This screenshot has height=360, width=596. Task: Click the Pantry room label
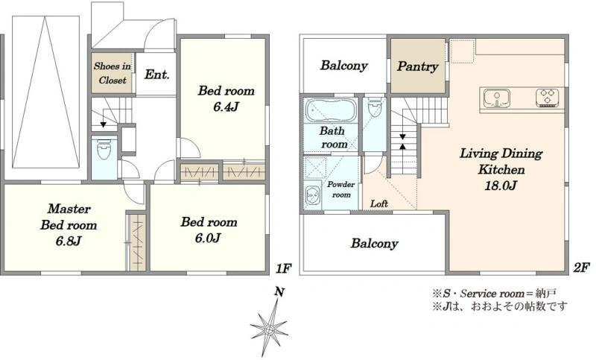[x=417, y=66]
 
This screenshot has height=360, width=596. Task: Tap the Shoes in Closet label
[x=112, y=73]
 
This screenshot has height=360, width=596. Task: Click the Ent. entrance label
[x=156, y=74]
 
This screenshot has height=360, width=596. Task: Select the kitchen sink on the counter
[x=497, y=98]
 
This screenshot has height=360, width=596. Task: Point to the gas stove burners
[x=548, y=98]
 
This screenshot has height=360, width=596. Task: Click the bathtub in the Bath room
[x=331, y=110]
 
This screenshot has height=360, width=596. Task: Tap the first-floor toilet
[x=104, y=149]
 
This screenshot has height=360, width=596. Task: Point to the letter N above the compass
[x=279, y=292]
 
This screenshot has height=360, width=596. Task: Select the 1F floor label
[x=283, y=268]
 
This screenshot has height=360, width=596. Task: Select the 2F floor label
[x=581, y=267]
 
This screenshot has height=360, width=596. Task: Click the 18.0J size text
[x=501, y=186]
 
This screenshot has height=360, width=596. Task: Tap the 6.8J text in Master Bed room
[x=69, y=241]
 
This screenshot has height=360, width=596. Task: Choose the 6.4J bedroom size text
[x=226, y=107]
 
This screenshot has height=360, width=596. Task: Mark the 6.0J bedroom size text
[x=208, y=239]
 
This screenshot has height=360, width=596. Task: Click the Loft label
[x=379, y=203]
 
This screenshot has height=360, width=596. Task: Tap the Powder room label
[x=341, y=189]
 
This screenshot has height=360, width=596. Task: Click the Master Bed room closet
[x=136, y=243]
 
